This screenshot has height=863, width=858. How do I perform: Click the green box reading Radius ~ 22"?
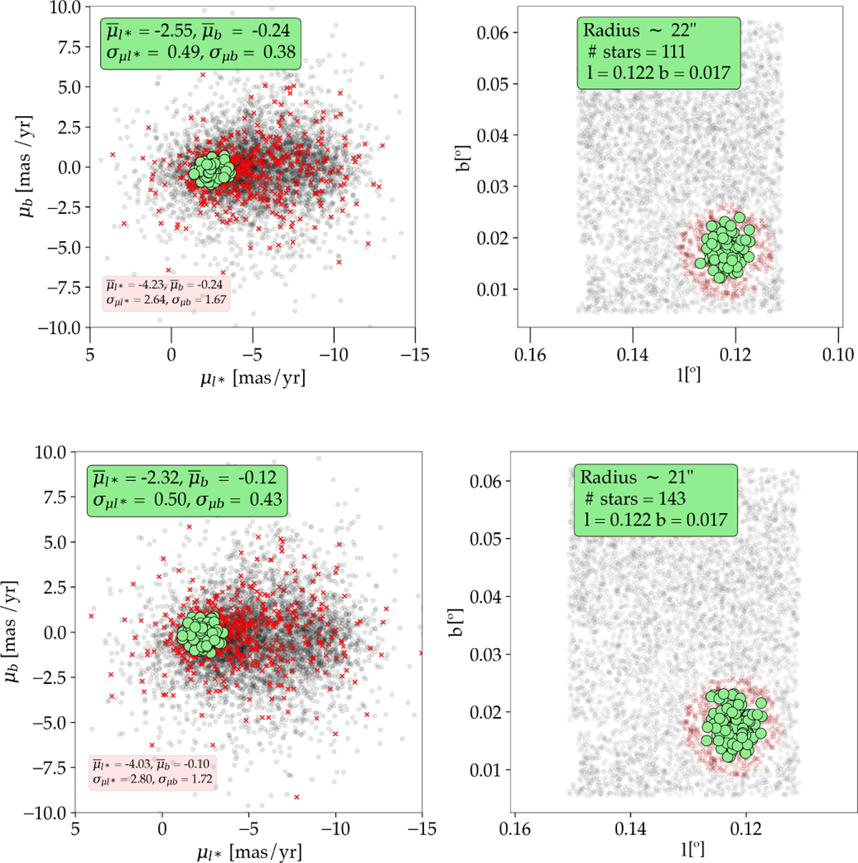click(x=658, y=51)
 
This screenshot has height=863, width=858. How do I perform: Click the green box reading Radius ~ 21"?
click(x=655, y=499)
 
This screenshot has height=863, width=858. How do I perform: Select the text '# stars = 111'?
click(x=636, y=52)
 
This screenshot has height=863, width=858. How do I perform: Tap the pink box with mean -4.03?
click(x=152, y=772)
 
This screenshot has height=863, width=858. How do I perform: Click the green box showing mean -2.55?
click(x=199, y=42)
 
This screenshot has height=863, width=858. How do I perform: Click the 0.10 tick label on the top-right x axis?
click(x=838, y=354)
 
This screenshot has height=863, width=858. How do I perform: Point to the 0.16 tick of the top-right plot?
click(x=530, y=354)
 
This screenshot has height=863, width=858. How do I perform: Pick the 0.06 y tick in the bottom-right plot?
click(x=486, y=481)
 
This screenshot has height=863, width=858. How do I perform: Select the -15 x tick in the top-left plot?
click(x=415, y=354)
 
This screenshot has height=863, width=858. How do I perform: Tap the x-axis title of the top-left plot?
click(x=252, y=377)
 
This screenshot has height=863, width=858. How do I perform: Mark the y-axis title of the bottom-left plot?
click(x=14, y=633)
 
